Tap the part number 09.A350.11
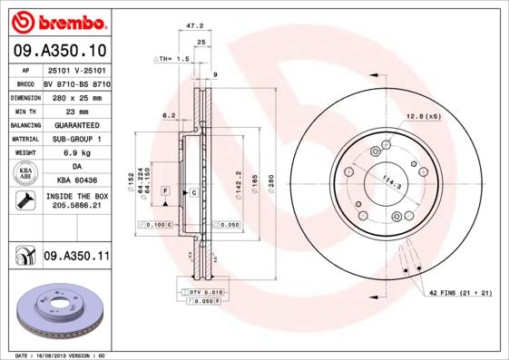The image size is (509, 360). pos(76,258)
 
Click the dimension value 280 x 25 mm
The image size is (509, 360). pos(76,95)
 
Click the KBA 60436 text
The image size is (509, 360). pos(76,180)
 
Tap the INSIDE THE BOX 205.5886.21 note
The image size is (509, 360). pos(76,201)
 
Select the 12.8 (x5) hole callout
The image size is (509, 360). pos(423,116)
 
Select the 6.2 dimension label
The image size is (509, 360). pos(168,115)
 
